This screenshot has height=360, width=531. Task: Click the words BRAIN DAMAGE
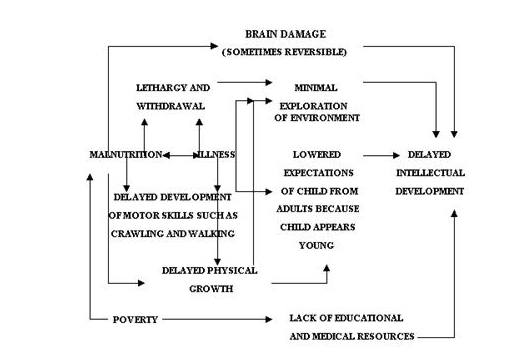click(287, 33)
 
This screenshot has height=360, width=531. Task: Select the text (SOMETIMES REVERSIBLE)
click(287, 51)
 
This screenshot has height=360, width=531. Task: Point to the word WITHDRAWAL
click(171, 105)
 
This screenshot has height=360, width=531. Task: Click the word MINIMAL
click(316, 88)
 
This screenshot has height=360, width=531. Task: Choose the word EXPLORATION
click(316, 103)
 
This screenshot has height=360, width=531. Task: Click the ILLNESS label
click(216, 155)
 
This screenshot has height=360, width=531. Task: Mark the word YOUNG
click(316, 244)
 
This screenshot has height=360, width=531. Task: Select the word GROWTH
click(212, 288)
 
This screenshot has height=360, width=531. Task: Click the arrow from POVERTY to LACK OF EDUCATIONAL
click(215, 320)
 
